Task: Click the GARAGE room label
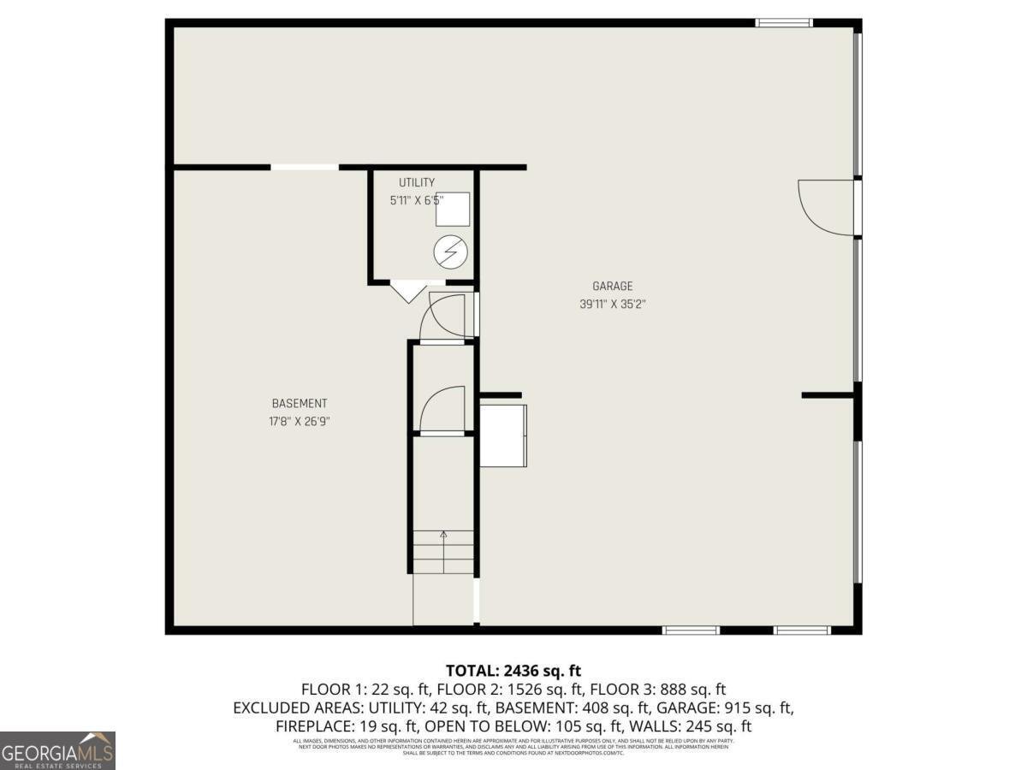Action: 612,287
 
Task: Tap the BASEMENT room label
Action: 300,404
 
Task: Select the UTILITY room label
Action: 417,182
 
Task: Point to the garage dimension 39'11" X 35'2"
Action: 612,304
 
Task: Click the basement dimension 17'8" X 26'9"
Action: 300,421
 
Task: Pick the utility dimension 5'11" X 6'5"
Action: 417,201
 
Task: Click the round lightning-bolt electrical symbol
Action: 450,251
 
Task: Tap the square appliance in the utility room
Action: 454,209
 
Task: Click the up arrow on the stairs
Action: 443,536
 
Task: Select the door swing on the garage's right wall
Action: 825,206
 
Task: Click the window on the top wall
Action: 783,23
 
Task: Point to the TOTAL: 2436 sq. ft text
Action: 513,671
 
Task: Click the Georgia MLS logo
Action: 57,750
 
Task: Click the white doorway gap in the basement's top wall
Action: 305,167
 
